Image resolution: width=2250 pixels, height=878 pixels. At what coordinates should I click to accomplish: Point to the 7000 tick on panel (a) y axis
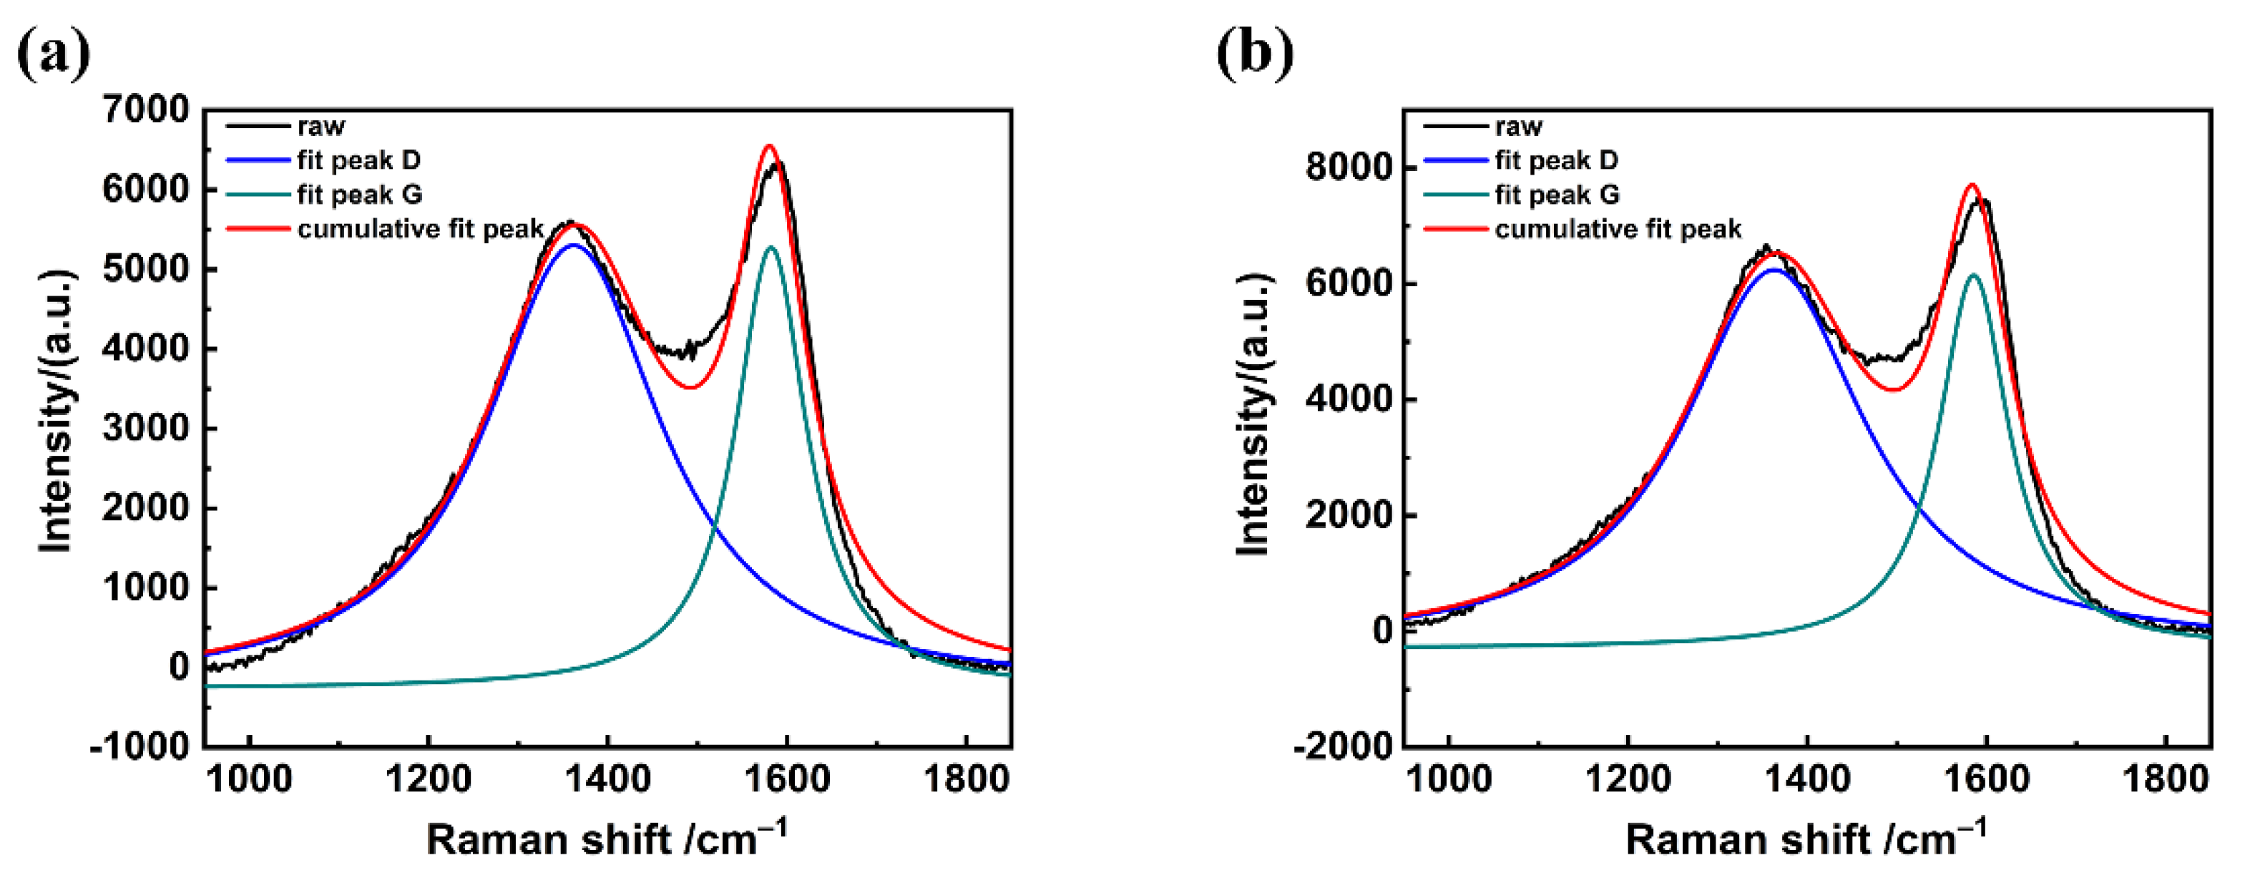(x=145, y=110)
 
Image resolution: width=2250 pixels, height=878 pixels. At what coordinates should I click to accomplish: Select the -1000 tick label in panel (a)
(x=140, y=747)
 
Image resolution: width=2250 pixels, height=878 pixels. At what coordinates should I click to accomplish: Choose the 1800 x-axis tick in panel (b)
(x=2166, y=778)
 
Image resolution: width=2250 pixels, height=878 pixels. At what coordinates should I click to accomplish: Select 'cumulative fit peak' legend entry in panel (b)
(x=1618, y=229)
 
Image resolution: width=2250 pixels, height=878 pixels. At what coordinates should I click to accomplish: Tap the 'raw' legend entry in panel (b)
(x=1518, y=127)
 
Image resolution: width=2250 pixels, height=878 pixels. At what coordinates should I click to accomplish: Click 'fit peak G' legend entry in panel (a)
(x=359, y=195)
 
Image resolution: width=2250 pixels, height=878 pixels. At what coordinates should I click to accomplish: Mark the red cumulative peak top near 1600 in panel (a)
(x=768, y=146)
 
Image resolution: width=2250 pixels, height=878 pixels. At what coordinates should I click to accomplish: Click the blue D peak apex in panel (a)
(x=573, y=245)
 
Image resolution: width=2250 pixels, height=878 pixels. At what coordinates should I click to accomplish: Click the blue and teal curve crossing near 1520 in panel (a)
(x=715, y=526)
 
